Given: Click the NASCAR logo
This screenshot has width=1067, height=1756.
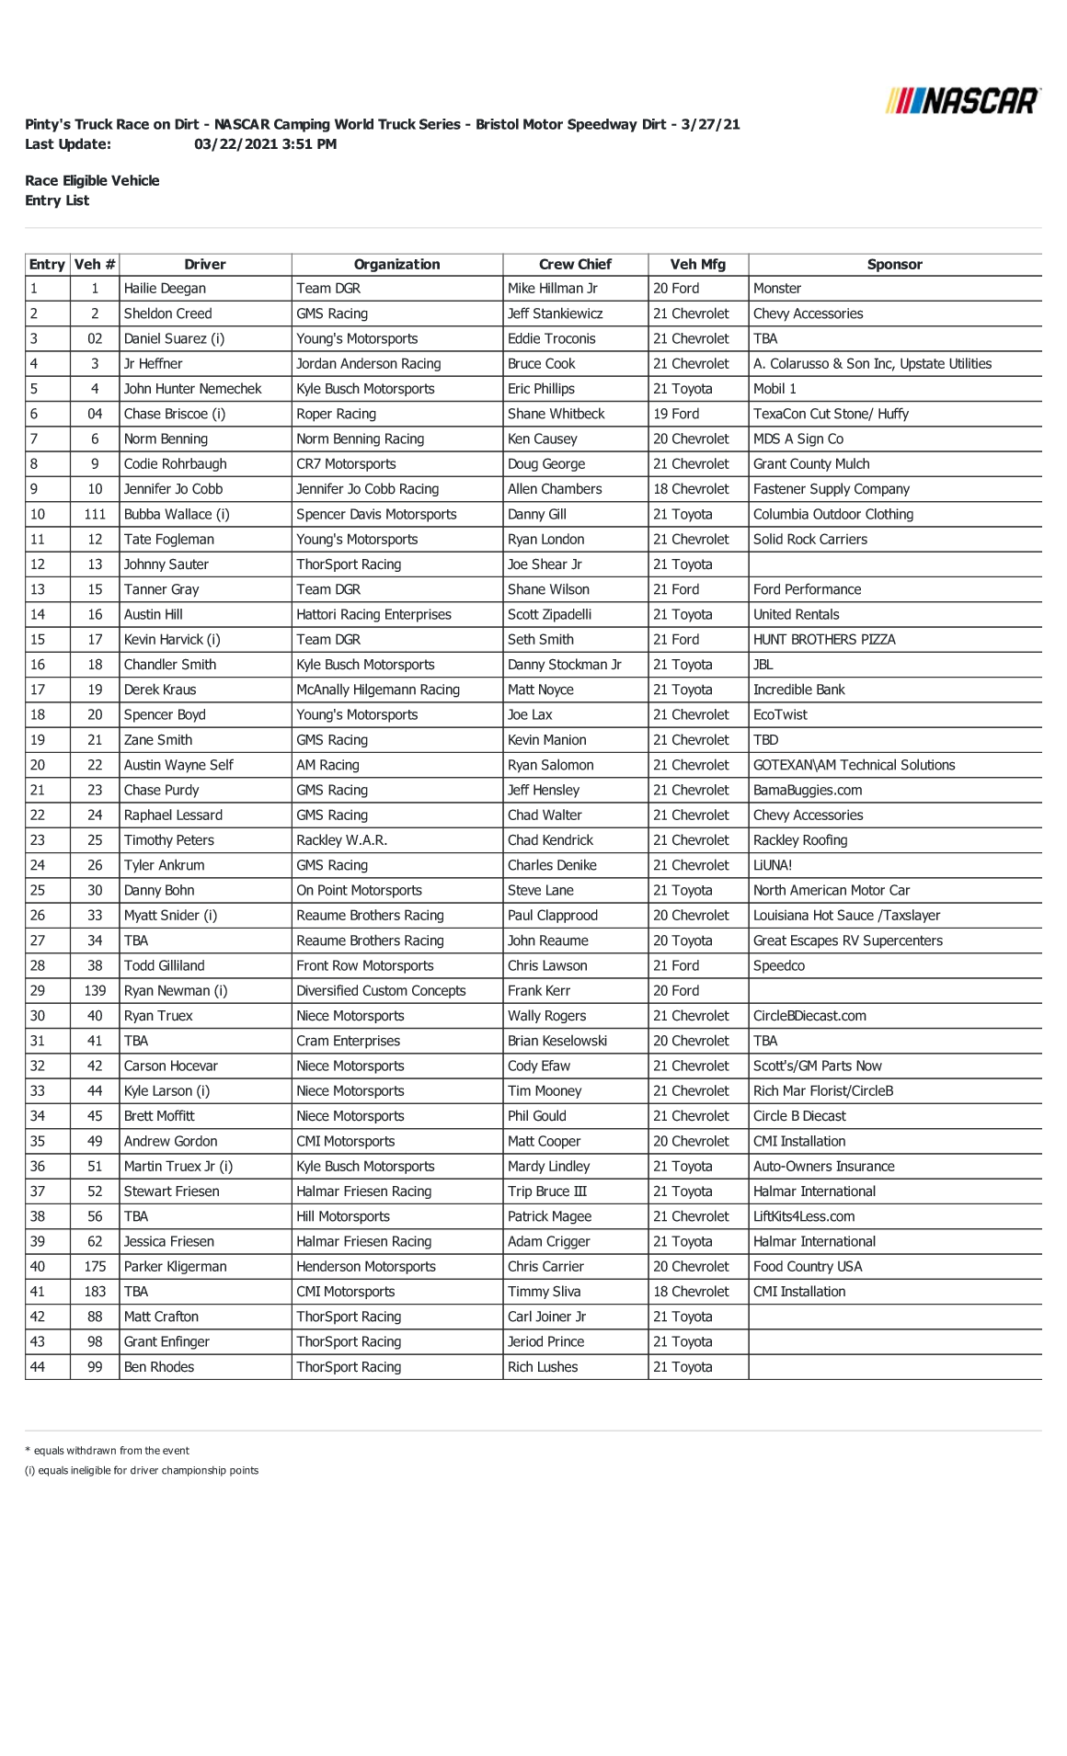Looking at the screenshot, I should coord(962,100).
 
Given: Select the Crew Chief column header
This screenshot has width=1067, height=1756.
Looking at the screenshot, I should coord(575,265).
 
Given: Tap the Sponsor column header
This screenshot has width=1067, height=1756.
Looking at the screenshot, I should coord(894,265).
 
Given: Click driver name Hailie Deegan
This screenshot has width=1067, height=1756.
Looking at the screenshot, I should coord(165,289).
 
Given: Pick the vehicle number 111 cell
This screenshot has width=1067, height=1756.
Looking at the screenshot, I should coord(95,515).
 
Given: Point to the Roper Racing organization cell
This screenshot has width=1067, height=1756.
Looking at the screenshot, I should coord(336,415).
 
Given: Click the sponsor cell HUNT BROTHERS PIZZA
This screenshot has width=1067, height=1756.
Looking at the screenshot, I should coord(823,640).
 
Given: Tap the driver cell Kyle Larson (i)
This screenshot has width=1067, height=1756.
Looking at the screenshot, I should coord(166,1091).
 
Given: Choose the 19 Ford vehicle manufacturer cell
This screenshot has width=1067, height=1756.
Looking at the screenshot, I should coord(676,415).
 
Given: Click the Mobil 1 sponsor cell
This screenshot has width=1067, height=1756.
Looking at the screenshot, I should coord(774,389).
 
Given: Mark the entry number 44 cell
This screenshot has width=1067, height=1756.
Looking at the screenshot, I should coord(38,1367).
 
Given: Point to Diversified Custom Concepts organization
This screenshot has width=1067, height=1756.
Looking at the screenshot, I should coord(381,991).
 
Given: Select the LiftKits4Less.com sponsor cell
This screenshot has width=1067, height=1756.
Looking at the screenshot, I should coord(803,1217).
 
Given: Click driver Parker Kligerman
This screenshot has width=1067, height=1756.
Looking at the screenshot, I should coord(175,1267).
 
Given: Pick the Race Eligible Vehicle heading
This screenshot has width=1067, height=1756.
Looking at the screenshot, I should coord(92,181).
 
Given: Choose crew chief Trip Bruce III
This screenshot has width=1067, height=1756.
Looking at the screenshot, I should coord(546,1192).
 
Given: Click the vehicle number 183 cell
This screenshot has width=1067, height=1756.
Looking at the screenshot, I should coord(95,1292).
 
